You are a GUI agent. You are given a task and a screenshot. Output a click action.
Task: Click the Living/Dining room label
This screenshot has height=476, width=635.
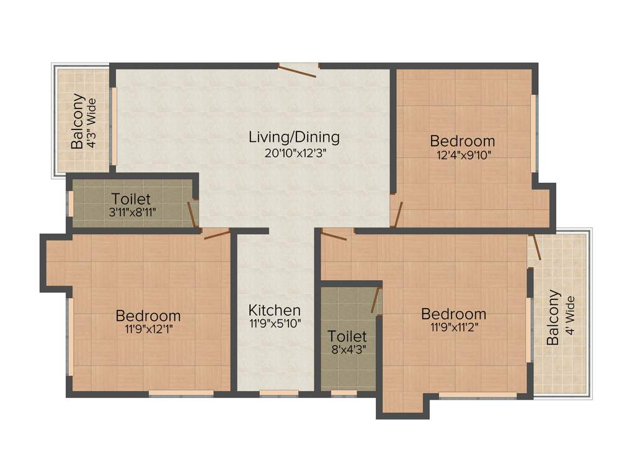(x=294, y=136)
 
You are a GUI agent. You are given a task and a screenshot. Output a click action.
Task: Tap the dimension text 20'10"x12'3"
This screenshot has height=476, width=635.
(x=294, y=152)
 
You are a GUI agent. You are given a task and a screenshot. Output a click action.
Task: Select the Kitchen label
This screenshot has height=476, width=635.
(x=275, y=310)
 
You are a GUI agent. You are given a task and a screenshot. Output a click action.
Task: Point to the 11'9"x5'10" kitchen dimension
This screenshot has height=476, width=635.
(x=275, y=323)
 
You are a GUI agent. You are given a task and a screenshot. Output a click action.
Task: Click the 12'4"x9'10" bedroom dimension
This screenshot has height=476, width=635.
(x=463, y=155)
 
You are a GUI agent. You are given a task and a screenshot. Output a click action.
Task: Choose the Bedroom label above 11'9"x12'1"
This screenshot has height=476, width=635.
(x=148, y=316)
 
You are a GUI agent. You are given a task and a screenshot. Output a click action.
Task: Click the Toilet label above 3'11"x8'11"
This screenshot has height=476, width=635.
(x=131, y=200)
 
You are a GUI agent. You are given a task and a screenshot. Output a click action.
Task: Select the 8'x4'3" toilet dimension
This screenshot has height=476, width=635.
(x=347, y=350)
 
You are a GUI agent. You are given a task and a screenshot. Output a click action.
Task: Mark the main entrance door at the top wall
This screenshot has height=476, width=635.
(x=299, y=69)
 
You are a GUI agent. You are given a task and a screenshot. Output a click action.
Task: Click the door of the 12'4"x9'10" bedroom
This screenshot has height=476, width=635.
(x=397, y=214)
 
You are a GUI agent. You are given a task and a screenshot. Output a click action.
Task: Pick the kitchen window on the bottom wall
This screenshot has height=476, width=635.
(x=278, y=393)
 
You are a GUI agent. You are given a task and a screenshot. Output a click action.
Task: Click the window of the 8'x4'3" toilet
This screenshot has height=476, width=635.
(x=339, y=393)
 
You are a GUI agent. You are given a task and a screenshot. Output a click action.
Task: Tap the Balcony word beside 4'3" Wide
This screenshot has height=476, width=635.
(x=78, y=121)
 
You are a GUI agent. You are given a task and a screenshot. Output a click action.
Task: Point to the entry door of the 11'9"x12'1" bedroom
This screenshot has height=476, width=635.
(x=216, y=233)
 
